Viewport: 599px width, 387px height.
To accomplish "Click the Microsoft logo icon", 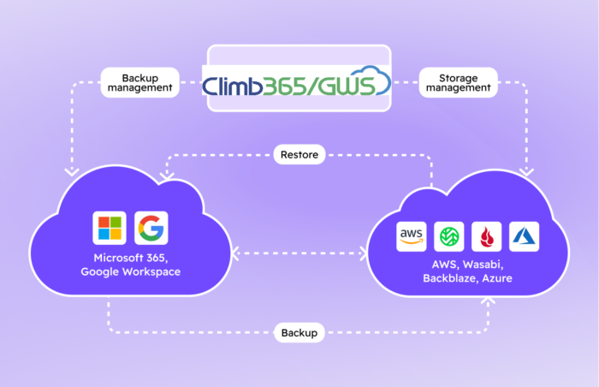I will pyautogui.click(x=110, y=229).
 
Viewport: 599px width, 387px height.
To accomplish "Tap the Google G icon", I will pyautogui.click(x=151, y=229).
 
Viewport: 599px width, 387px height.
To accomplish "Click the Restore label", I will pyautogui.click(x=299, y=156).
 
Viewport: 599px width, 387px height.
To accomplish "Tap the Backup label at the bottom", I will pyautogui.click(x=299, y=332).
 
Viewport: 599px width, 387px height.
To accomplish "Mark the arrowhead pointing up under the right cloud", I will pyautogui.click(x=489, y=301).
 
